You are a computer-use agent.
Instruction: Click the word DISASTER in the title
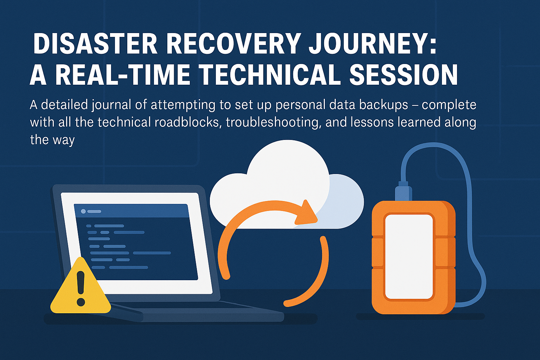point(95,44)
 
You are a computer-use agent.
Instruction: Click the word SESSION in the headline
point(403,75)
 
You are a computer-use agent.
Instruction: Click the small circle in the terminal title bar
point(83,211)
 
